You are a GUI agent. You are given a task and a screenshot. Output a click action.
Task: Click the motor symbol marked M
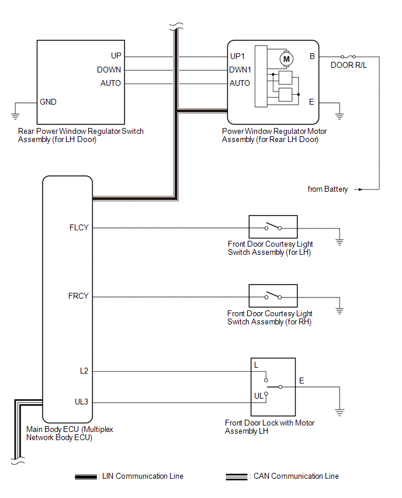(286, 58)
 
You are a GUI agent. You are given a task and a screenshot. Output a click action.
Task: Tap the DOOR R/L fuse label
(349, 65)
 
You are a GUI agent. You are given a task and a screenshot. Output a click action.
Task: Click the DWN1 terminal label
(240, 70)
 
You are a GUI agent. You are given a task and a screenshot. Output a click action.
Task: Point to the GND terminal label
(48, 102)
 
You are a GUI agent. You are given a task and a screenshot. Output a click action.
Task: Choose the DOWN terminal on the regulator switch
(109, 70)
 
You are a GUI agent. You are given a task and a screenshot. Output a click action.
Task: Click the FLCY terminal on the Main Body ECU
(78, 227)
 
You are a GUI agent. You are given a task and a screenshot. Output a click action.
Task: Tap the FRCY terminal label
(78, 296)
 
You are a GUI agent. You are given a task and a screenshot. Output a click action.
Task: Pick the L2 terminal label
(84, 371)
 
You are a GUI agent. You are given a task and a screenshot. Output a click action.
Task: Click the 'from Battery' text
(328, 189)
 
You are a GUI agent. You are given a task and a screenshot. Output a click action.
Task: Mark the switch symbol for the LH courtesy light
(273, 227)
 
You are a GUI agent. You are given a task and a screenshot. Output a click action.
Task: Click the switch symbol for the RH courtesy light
(273, 296)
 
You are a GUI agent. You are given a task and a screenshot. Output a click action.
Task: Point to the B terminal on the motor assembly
(312, 57)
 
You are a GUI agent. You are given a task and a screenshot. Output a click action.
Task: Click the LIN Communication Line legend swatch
(86, 476)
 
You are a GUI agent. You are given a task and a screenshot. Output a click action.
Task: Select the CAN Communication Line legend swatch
(236, 476)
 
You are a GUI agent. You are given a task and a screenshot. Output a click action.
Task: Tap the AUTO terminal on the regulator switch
(110, 83)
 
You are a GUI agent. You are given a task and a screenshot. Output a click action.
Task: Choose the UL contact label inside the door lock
(258, 395)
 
